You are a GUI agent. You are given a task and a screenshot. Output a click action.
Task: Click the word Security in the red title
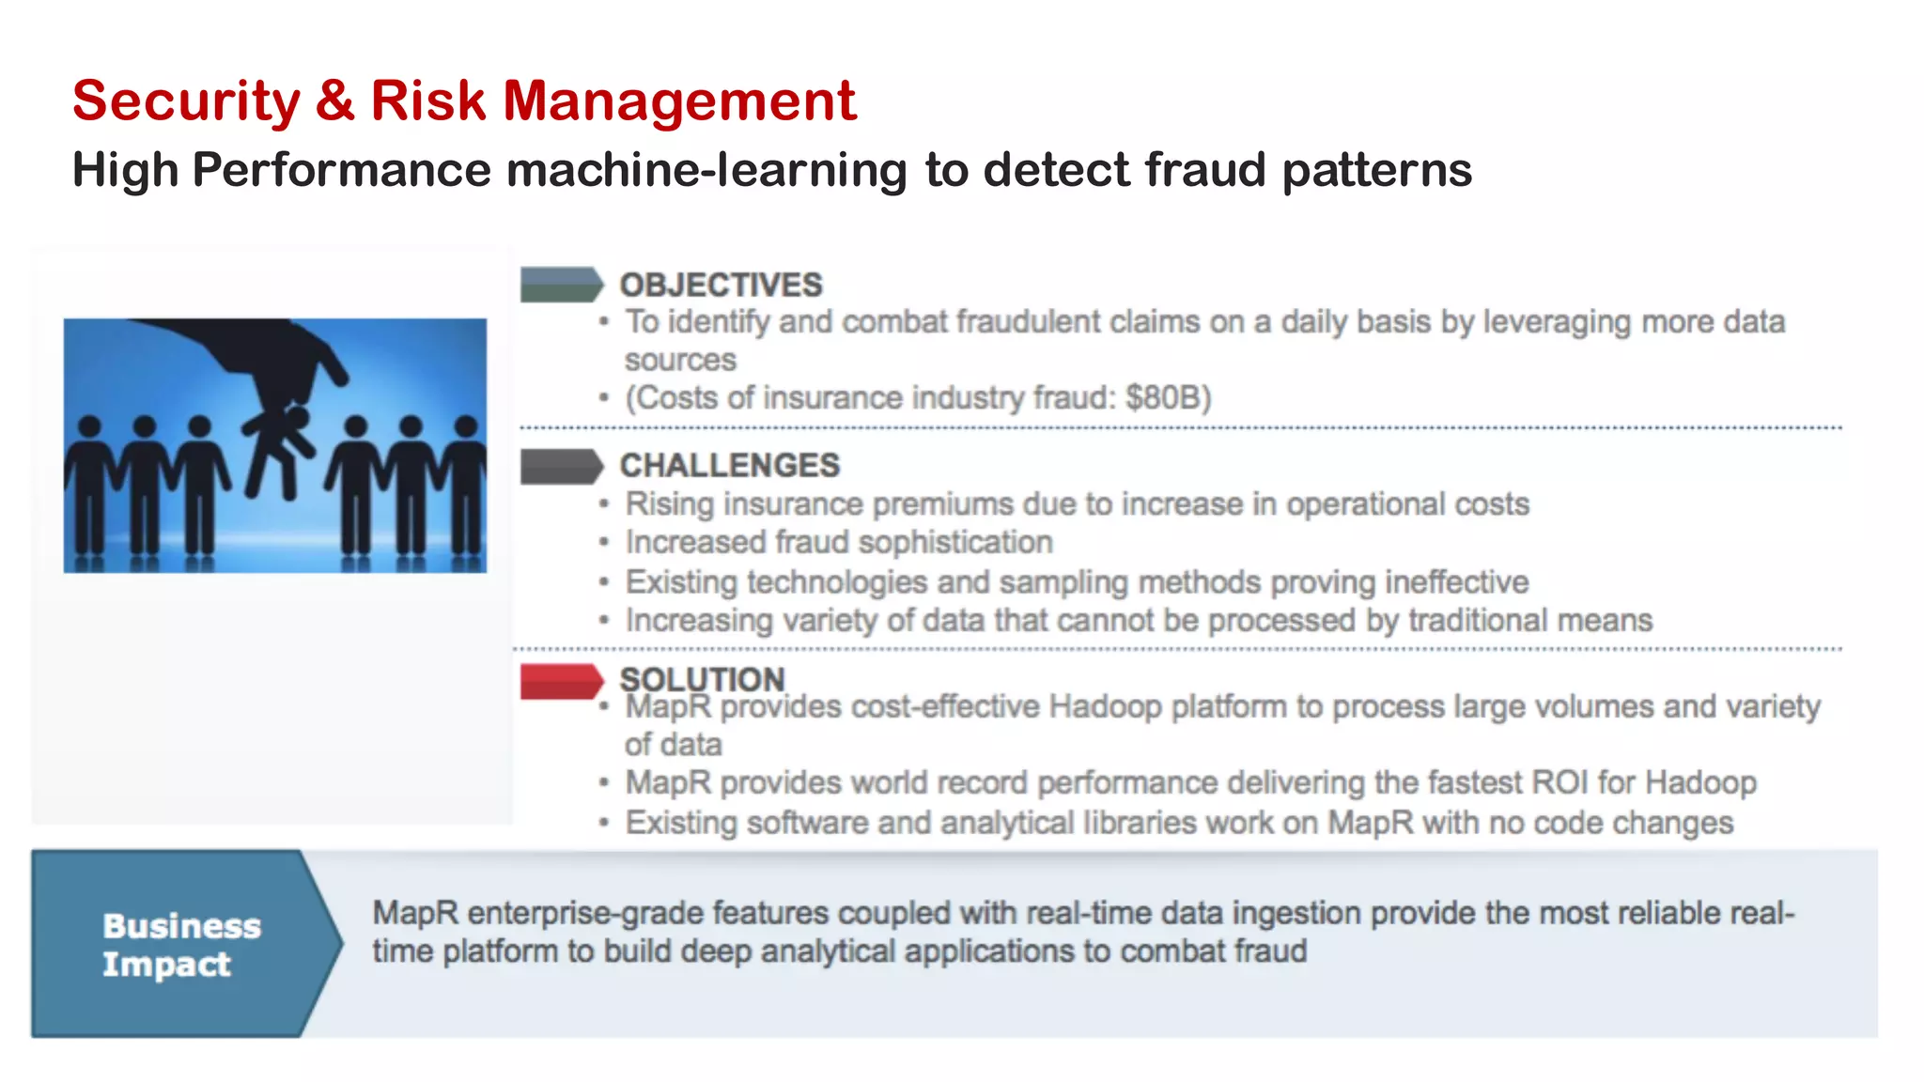tap(185, 101)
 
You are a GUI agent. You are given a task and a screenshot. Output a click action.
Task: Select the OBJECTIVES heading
tap(721, 285)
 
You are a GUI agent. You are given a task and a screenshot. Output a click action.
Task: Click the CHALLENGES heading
tap(729, 465)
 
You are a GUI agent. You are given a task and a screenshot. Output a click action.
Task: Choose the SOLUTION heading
tap(702, 678)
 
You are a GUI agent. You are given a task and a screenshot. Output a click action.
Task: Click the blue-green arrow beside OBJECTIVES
tap(561, 285)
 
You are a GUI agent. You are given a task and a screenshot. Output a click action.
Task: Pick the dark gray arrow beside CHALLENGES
tap(561, 466)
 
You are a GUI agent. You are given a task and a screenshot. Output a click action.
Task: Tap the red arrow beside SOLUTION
tap(561, 681)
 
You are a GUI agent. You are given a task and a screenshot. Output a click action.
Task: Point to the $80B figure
tap(1168, 398)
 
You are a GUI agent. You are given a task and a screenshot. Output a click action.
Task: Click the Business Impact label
tap(180, 945)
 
